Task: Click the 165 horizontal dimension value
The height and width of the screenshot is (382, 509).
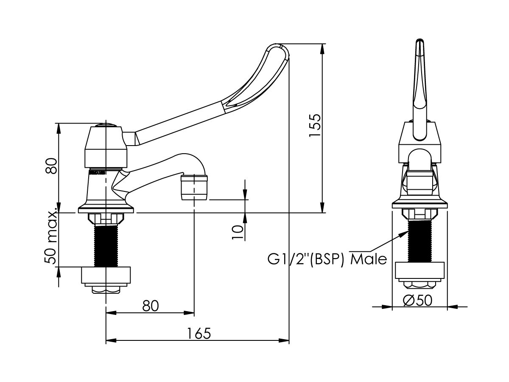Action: coord(199,333)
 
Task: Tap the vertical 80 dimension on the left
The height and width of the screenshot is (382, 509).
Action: coord(52,166)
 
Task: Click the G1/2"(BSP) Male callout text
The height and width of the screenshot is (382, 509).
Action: coord(327,258)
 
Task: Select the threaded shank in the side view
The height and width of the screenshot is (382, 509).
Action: coord(105,246)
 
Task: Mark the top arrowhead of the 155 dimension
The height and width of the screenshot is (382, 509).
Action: coord(323,48)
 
